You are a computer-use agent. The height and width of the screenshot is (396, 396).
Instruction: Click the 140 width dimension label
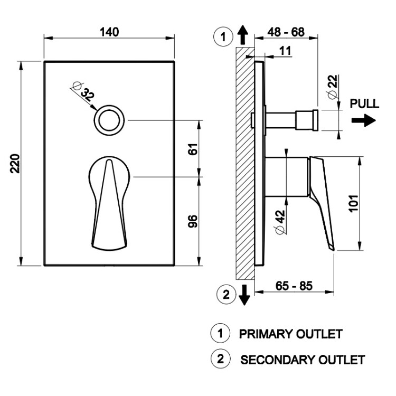tap(109, 32)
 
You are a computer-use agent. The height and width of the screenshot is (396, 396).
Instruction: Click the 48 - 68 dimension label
tap(286, 32)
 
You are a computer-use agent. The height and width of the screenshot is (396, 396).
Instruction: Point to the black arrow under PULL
tap(364, 121)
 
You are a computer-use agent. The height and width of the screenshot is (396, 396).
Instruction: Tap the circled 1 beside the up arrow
tap(223, 37)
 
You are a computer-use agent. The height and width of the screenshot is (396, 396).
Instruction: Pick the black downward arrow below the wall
tap(244, 295)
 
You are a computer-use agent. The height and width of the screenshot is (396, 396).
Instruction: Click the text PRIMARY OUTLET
tap(291, 334)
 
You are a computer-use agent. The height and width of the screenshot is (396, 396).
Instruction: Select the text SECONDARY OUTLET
tap(303, 360)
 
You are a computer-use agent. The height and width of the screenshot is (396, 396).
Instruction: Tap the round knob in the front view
tap(109, 120)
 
